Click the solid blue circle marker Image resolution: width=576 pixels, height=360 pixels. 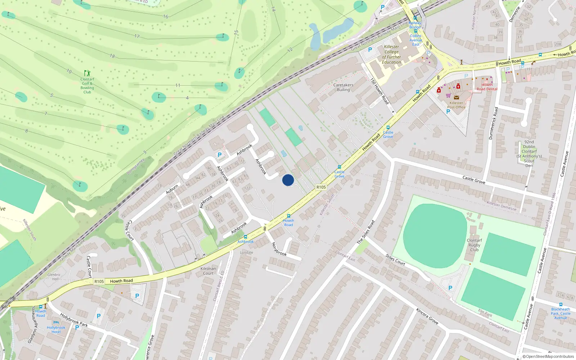(288, 180)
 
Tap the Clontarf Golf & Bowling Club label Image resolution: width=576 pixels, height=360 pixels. (87, 85)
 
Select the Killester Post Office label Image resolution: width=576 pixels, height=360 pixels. (456, 105)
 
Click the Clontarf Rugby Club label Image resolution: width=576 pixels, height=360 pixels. (474, 245)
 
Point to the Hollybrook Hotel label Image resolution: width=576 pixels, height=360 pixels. (56, 329)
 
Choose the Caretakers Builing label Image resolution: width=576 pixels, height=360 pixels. (343, 87)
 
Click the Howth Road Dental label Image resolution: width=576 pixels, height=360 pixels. (487, 87)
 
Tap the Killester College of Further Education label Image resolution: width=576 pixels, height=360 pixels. (391, 54)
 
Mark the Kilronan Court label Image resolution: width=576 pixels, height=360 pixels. (208, 271)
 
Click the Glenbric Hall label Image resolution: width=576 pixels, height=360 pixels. (54, 276)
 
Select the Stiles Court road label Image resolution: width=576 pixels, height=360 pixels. (395, 260)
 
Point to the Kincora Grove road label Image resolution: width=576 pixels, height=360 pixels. (427, 316)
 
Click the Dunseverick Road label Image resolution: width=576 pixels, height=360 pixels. (494, 123)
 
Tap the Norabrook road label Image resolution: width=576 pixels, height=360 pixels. (279, 249)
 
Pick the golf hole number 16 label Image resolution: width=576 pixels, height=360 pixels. (166, 17)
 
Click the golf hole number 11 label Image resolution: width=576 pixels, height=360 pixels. (177, 85)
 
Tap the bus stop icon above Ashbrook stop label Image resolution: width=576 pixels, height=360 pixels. (246, 237)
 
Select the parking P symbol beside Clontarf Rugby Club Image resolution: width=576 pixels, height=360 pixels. (450, 288)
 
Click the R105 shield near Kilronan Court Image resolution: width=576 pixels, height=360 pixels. (99, 282)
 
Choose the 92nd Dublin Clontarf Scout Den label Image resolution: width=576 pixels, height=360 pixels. (529, 154)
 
